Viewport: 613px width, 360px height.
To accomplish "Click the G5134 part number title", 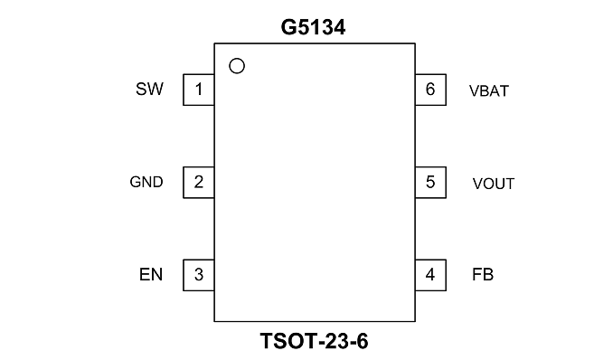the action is click(x=313, y=27).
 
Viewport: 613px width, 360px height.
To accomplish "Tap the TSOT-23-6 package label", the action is click(x=314, y=341).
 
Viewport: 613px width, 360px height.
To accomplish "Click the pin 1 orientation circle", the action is click(x=237, y=66).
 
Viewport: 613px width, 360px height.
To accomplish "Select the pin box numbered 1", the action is click(x=199, y=90).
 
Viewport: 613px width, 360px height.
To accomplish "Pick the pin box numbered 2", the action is click(x=199, y=183).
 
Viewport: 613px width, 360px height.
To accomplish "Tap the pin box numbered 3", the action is click(x=199, y=275).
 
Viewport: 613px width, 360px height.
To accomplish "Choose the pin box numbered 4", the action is click(x=430, y=275).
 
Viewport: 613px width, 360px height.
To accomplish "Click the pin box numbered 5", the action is click(x=430, y=183).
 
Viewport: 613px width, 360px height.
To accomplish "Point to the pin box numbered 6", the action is click(x=430, y=90).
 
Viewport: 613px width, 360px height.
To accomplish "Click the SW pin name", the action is click(x=149, y=89).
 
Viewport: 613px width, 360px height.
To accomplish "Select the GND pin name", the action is click(x=146, y=182).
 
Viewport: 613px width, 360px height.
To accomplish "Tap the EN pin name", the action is click(x=151, y=275).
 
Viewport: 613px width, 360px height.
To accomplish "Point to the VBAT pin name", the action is click(x=489, y=90).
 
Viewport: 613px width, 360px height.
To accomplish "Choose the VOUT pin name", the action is click(x=494, y=184).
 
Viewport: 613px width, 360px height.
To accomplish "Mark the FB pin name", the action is click(x=483, y=275).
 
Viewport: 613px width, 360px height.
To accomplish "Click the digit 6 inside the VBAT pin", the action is click(x=430, y=90).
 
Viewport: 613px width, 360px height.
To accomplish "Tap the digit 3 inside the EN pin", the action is click(x=199, y=275).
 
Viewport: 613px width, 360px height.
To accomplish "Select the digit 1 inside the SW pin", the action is click(x=199, y=90).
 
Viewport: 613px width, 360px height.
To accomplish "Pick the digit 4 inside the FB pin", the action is click(x=430, y=275).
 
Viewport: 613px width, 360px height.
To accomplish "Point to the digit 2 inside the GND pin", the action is click(x=199, y=182).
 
